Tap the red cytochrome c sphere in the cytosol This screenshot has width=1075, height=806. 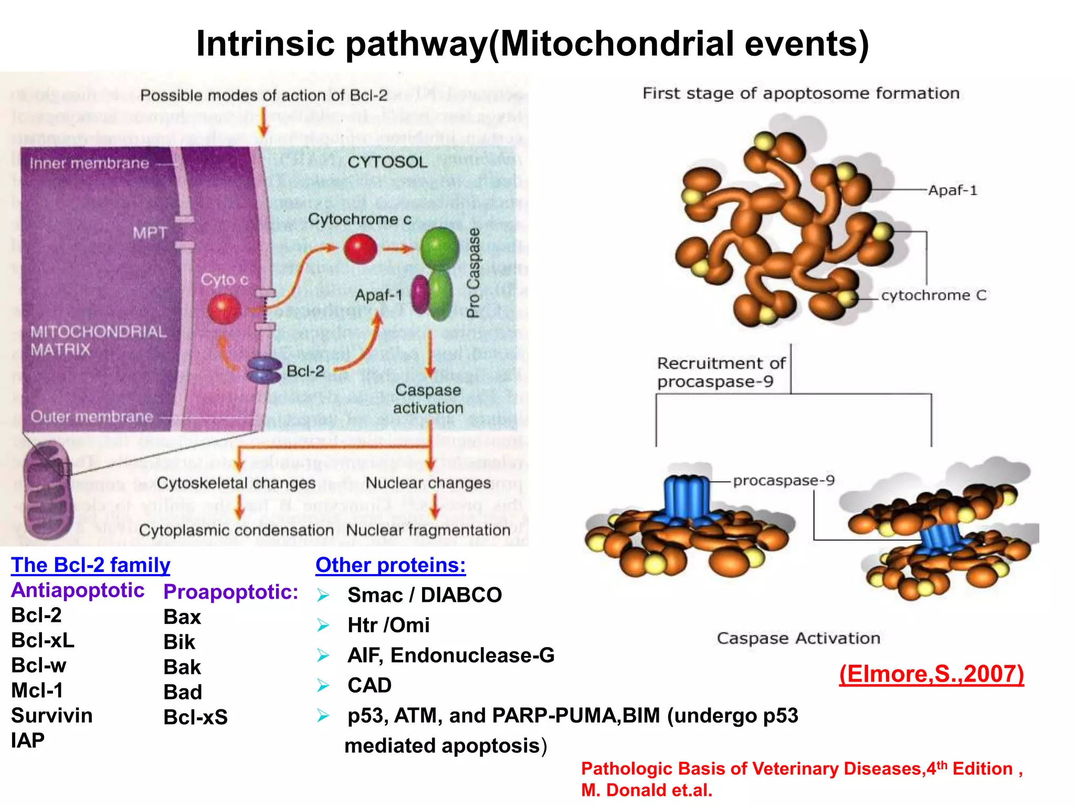pos(361,249)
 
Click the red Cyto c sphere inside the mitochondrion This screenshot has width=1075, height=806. pos(224,309)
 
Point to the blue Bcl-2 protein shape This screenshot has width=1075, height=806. pos(264,370)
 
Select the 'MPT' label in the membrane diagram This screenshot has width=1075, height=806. pos(150,232)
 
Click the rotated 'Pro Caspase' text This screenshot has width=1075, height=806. pos(473,273)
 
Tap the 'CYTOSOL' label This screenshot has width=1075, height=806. pos(387,162)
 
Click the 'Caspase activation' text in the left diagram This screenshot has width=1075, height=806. pos(428,399)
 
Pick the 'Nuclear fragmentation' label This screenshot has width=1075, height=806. pos(428,530)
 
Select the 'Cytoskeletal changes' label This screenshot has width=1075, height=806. pos(236,483)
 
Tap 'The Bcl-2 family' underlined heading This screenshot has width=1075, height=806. pos(91,565)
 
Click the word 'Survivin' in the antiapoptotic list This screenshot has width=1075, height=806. pos(52,716)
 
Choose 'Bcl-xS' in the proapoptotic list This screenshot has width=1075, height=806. pos(195,717)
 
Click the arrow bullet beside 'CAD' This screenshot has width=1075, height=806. pos(323,685)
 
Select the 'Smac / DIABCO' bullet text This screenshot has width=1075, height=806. pos(424,595)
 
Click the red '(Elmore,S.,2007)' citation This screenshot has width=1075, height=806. pos(931,674)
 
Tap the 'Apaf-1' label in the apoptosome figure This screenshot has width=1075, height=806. pos(952,190)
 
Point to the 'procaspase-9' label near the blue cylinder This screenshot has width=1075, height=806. pos(783,481)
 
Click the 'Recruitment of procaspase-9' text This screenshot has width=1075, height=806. pos(721,372)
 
